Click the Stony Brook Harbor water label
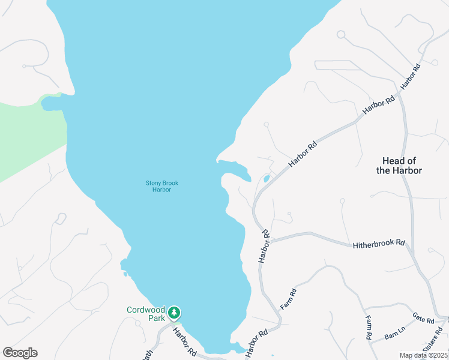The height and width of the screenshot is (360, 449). coord(162,186)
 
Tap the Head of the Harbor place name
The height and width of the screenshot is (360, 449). coord(399,166)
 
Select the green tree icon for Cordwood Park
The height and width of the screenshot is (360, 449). coord(174,313)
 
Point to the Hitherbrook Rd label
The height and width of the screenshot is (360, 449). coord(379,245)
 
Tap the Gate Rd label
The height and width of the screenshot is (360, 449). coord(423,316)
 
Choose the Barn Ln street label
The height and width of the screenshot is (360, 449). coord(396,332)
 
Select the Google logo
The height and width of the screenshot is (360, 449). coord(20,352)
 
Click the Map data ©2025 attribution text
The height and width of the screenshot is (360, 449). coord(424,355)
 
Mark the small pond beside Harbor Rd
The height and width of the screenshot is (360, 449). coord(267,179)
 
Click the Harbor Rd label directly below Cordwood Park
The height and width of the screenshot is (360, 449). coord(185,341)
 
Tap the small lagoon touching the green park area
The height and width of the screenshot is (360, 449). coord(50,104)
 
